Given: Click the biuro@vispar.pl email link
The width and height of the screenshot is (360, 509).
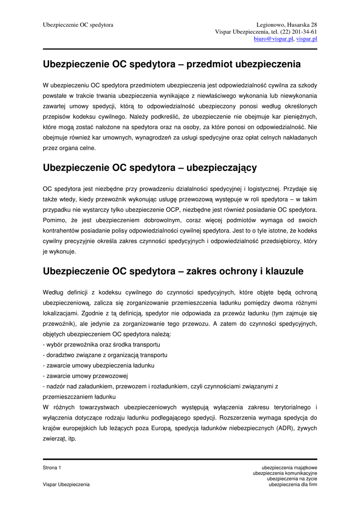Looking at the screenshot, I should pos(273,39).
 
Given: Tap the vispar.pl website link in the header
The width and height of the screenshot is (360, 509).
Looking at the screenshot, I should pos(307,39).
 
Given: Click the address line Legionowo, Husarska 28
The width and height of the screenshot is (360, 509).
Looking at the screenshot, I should pos(287,25).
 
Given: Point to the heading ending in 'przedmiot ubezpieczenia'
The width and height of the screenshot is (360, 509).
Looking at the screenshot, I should pos(172,64).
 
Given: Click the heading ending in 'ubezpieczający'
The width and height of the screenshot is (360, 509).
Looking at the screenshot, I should pos(150,168).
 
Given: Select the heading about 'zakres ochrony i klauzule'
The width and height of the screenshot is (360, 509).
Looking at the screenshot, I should pos(173,271).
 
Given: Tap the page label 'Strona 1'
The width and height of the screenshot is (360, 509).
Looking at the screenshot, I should pos(52,468).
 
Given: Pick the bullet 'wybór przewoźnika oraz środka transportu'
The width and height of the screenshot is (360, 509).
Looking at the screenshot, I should pos(101,344).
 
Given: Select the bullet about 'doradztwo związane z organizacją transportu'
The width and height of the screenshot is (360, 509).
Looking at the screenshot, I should pos(105,355).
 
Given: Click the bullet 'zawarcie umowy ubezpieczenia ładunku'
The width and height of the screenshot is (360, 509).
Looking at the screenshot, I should pos(99,365).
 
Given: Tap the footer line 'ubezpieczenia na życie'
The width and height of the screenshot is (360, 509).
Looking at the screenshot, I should pos(292,479).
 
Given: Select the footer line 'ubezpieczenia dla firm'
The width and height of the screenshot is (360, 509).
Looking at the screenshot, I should pos(293,484).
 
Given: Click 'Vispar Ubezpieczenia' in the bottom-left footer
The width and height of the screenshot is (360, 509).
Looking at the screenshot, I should pos(67,484).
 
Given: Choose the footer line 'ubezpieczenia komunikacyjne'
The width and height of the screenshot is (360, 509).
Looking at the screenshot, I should pos(285,473).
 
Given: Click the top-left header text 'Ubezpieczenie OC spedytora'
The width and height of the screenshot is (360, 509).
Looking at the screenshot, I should pos(78,25).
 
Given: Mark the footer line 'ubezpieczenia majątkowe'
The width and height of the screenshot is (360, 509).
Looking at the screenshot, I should pos(289,468).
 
